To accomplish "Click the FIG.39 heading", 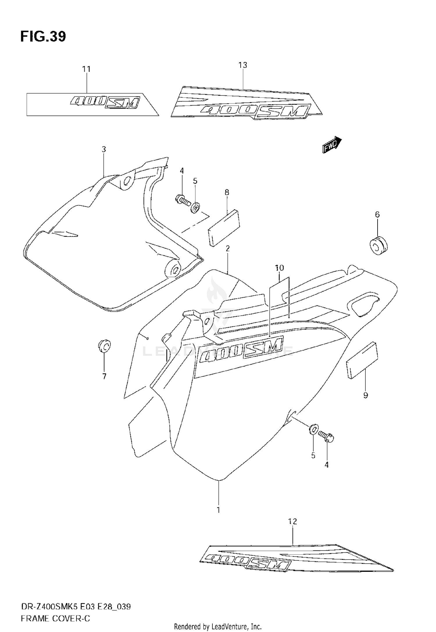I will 43,36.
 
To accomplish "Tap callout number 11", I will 86,69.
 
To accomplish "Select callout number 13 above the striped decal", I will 243,65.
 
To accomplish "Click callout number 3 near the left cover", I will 104,150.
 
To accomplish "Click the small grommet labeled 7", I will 104,345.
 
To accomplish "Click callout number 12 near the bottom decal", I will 293,522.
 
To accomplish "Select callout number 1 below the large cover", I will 218,510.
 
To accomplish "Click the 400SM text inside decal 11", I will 105,102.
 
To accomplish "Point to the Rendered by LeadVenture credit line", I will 218,626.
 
